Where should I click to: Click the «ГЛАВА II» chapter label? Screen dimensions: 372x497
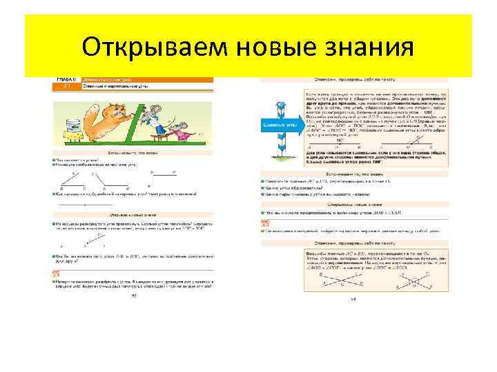66,81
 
